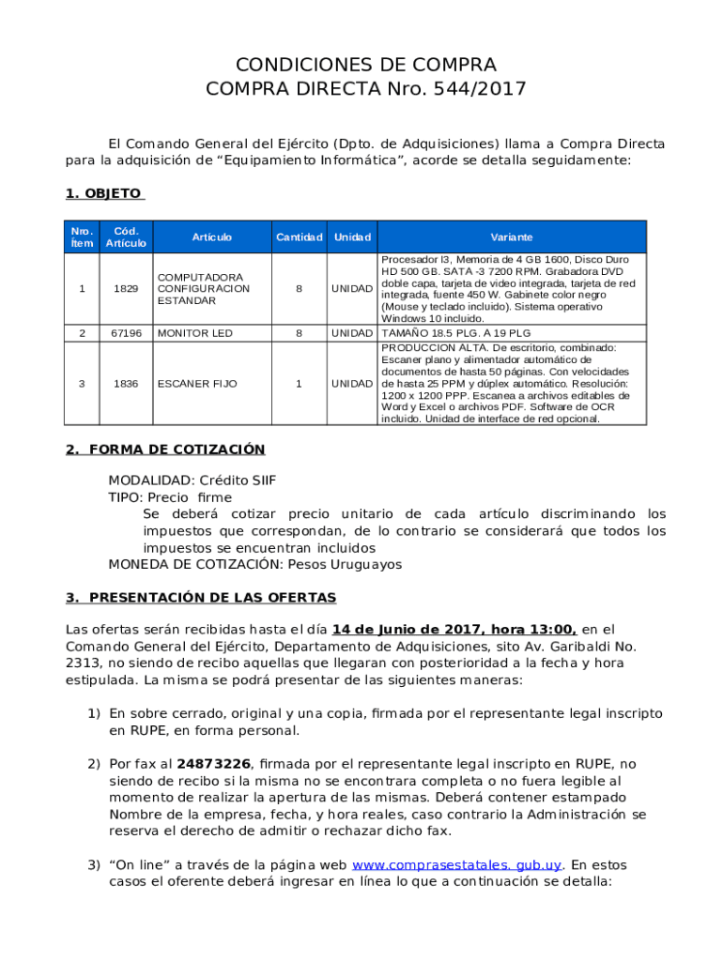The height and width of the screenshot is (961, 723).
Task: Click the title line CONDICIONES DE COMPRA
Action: point(365,65)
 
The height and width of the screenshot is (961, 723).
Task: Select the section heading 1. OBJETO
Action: point(103,193)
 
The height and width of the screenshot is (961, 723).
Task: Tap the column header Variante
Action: point(511,237)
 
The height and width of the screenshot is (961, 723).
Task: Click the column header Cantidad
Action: point(299,237)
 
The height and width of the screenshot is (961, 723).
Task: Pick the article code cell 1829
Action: point(126,289)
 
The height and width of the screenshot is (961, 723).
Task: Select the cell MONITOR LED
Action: point(194,333)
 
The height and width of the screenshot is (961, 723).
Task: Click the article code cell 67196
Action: point(126,333)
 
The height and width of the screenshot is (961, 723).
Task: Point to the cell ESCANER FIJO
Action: point(197,384)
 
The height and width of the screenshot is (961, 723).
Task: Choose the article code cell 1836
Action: point(126,384)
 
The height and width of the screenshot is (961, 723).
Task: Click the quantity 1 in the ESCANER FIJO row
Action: point(299,384)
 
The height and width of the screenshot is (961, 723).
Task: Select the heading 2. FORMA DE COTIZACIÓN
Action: point(165,450)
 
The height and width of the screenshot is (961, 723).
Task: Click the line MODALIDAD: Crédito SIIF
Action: point(192,480)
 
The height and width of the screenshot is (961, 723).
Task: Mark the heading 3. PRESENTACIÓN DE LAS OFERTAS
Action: point(201,598)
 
